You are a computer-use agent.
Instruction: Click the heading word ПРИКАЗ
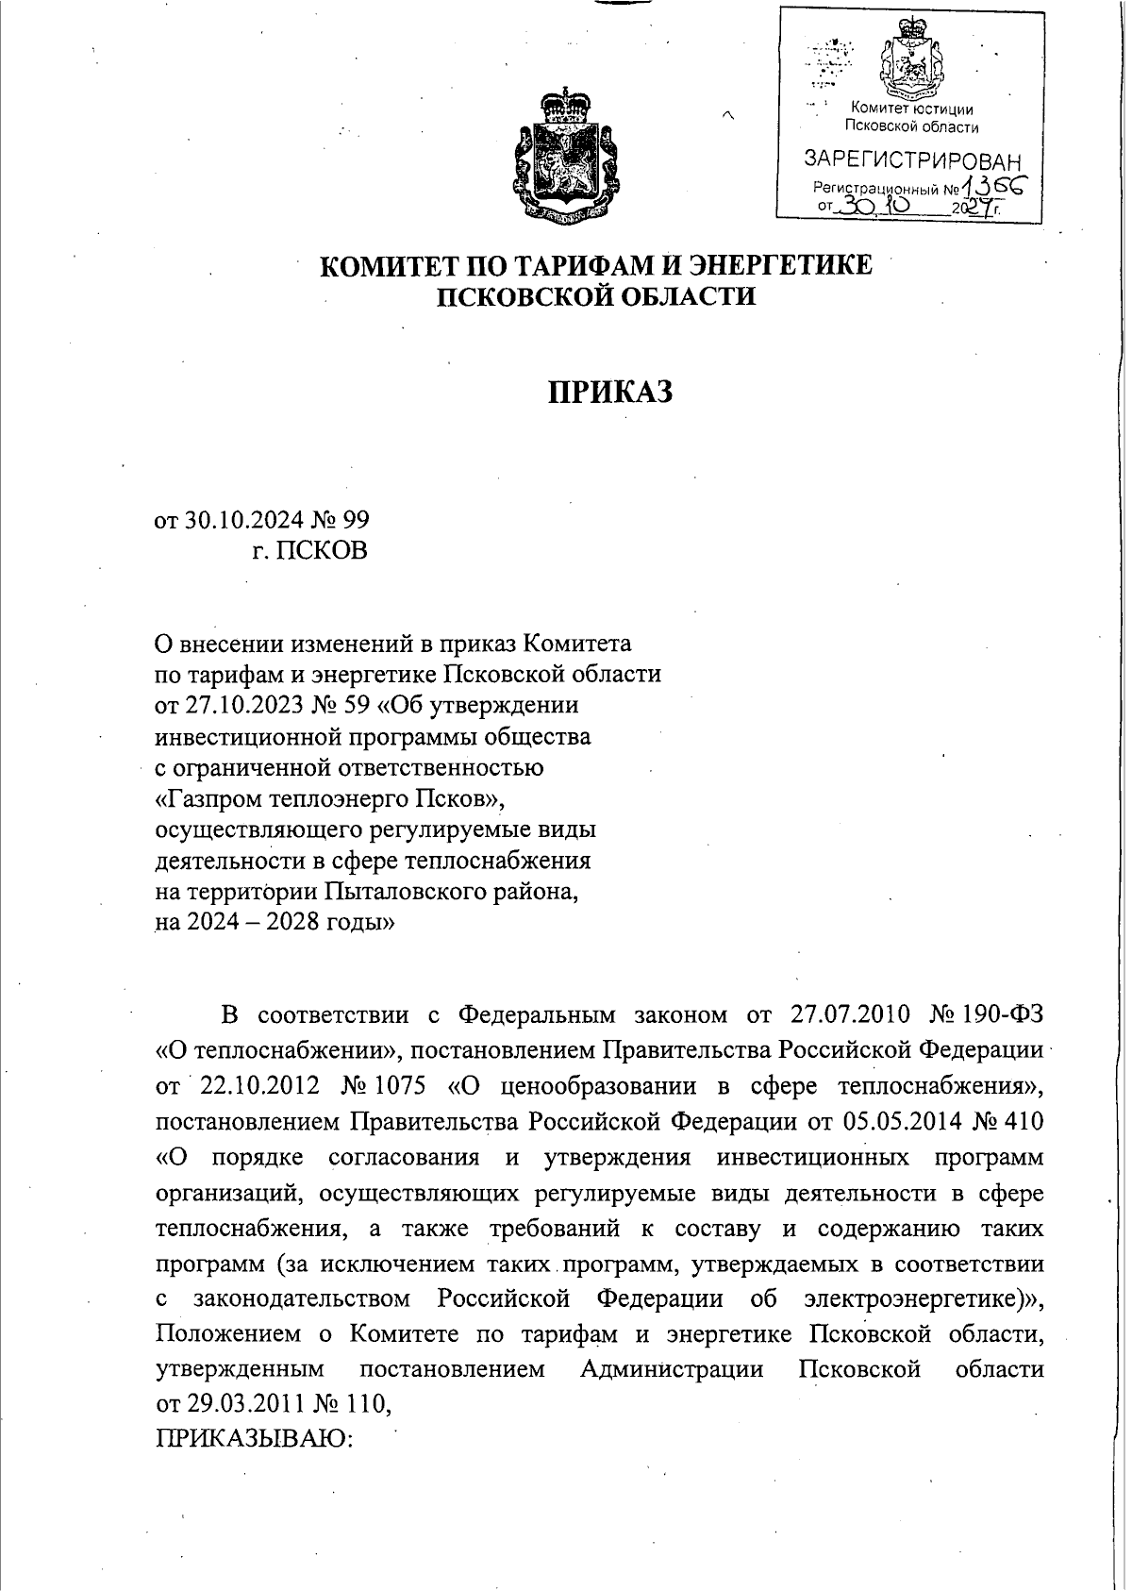(610, 391)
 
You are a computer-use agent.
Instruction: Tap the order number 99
(356, 520)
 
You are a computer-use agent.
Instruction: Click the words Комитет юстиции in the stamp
(911, 109)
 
